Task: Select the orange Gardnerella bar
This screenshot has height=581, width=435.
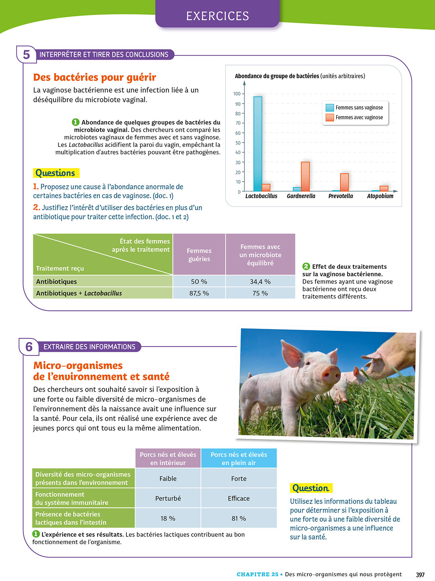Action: [305, 177]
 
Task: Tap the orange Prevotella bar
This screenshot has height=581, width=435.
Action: [344, 182]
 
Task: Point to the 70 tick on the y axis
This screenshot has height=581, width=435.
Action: [238, 123]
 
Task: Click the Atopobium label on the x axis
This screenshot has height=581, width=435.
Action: [380, 196]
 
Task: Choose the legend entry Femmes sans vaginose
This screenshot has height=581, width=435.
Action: [359, 108]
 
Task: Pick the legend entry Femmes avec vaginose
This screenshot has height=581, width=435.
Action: [359, 117]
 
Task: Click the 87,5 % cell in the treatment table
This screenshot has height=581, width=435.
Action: [199, 293]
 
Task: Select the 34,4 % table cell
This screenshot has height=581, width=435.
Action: [260, 282]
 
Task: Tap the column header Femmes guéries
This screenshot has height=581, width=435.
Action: [199, 255]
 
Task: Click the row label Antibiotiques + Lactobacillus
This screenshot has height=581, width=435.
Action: [79, 293]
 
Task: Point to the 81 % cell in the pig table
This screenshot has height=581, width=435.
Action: [239, 518]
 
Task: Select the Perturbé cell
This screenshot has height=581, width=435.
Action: [168, 498]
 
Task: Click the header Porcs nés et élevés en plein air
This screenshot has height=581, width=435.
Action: [239, 459]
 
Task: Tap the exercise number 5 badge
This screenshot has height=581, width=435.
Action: [26, 55]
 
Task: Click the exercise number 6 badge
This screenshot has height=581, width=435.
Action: [29, 347]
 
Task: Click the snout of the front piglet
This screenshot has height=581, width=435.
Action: [331, 375]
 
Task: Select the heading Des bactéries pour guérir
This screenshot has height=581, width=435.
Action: [95, 77]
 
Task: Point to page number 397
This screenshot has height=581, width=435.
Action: [420, 575]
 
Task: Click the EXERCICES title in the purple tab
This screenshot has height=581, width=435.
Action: [217, 16]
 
